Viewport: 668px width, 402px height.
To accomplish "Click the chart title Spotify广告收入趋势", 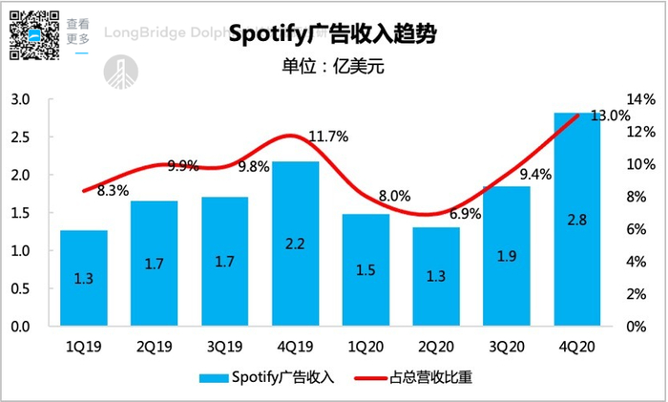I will tap(333, 35).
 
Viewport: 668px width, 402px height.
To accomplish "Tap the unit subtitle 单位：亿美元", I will tap(333, 68).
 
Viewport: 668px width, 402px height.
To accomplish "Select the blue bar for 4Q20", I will tap(577, 220).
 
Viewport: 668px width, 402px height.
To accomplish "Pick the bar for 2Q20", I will tap(436, 277).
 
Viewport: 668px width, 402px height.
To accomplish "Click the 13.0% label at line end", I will tap(611, 116).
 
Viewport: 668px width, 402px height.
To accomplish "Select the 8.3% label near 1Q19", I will tap(112, 191).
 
